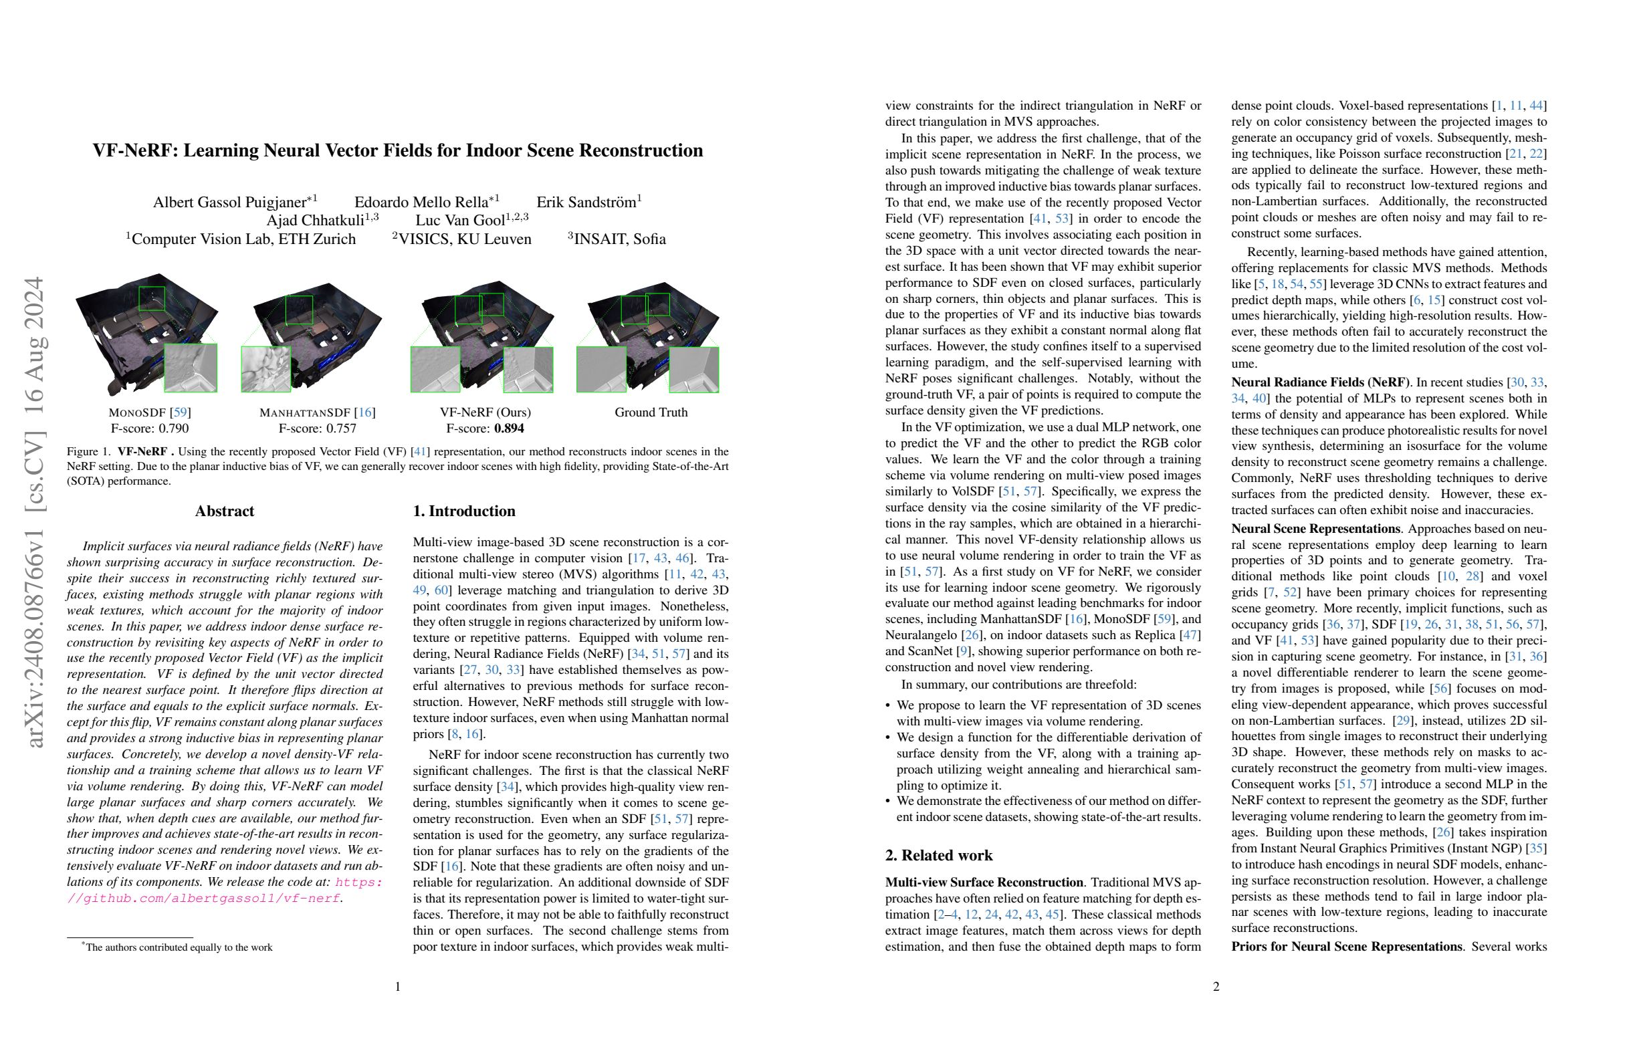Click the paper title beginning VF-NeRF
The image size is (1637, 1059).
[398, 150]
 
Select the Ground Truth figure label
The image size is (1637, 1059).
[651, 413]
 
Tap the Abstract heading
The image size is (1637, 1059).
[224, 511]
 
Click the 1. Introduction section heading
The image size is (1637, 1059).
[463, 511]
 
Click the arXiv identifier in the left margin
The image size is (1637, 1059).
[34, 512]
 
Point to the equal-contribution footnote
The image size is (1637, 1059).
[177, 947]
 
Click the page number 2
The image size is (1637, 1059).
[1216, 987]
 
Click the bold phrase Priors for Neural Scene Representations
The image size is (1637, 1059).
[1346, 946]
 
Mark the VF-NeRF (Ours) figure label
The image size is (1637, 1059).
[485, 413]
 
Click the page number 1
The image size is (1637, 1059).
[398, 987]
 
